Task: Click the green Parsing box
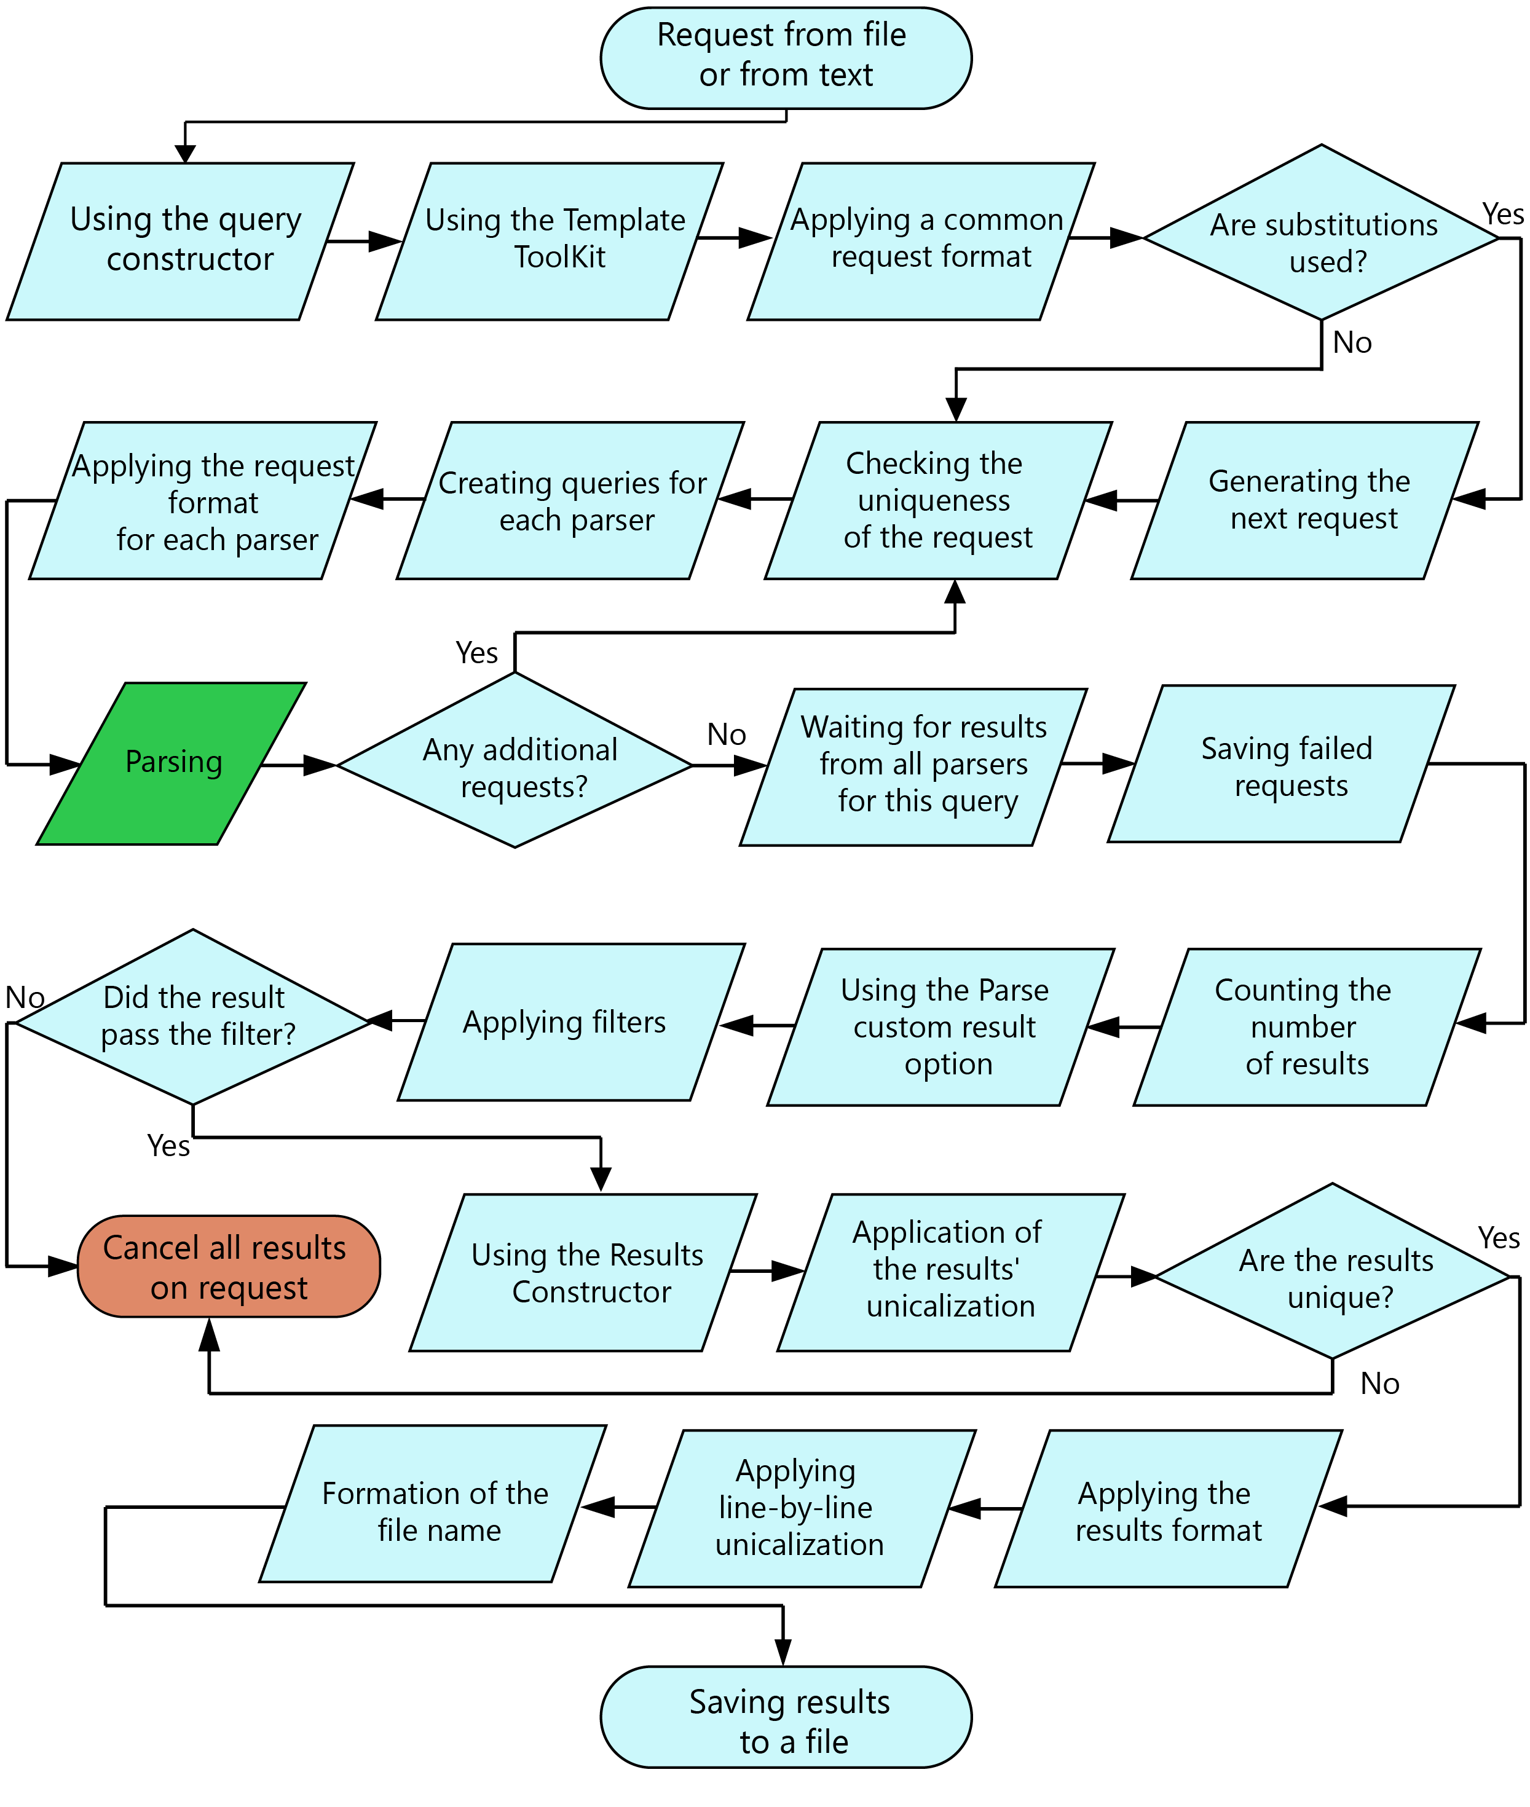pos(172,763)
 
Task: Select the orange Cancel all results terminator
pos(228,1267)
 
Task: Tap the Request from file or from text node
pos(785,57)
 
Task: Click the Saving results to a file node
pos(785,1717)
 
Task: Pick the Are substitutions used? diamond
pos(1321,234)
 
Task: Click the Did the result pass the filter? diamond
pos(194,1016)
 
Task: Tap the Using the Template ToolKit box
pos(550,240)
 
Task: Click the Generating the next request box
pos(1304,500)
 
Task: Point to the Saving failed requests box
pos(1282,765)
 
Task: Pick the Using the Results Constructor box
pos(583,1273)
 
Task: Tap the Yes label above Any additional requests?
pos(476,653)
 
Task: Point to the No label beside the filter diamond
pos(25,997)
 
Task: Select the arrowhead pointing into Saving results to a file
pos(783,1651)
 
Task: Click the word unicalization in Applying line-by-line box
pos(799,1545)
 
